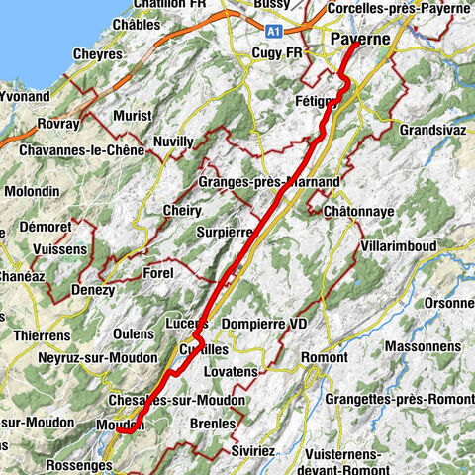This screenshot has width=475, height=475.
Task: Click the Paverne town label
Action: click(359, 40)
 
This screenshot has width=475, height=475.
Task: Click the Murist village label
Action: click(132, 116)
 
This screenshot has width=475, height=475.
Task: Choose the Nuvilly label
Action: click(174, 142)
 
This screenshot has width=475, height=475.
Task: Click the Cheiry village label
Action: click(180, 211)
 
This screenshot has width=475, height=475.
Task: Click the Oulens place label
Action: click(134, 333)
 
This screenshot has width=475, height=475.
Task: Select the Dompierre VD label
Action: click(266, 324)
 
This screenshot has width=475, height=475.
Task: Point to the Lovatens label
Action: click(231, 371)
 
